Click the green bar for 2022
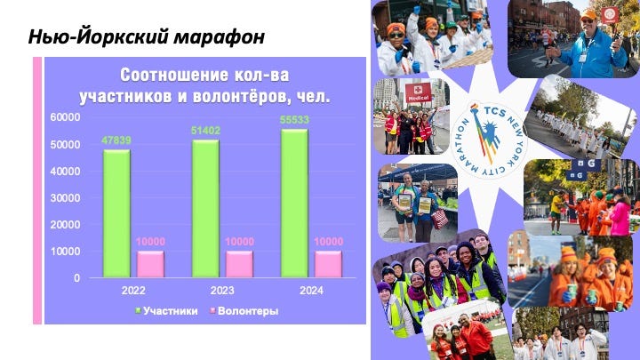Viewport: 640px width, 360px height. click(x=116, y=213)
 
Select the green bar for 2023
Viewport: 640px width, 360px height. click(x=205, y=209)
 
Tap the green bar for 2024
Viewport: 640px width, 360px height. click(x=294, y=204)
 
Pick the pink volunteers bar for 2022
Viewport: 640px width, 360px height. click(x=150, y=264)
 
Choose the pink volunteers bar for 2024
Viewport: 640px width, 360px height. click(x=328, y=264)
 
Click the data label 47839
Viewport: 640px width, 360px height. click(x=116, y=140)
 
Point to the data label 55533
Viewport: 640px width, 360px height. click(x=294, y=120)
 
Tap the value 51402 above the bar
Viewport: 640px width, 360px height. click(x=205, y=131)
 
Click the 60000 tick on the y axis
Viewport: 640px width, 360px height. click(x=65, y=117)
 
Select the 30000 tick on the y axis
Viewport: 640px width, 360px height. click(x=65, y=198)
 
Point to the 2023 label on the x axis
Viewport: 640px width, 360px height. click(x=222, y=291)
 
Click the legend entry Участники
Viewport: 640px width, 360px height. click(x=166, y=311)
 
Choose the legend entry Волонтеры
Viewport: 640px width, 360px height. click(x=244, y=311)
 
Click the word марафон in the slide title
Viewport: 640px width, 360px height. click(x=220, y=37)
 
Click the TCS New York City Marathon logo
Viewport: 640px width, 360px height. click(x=490, y=140)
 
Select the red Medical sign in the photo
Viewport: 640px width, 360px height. click(x=419, y=92)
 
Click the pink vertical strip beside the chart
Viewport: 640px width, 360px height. click(x=37, y=190)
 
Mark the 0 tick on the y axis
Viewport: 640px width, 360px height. click(x=77, y=278)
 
